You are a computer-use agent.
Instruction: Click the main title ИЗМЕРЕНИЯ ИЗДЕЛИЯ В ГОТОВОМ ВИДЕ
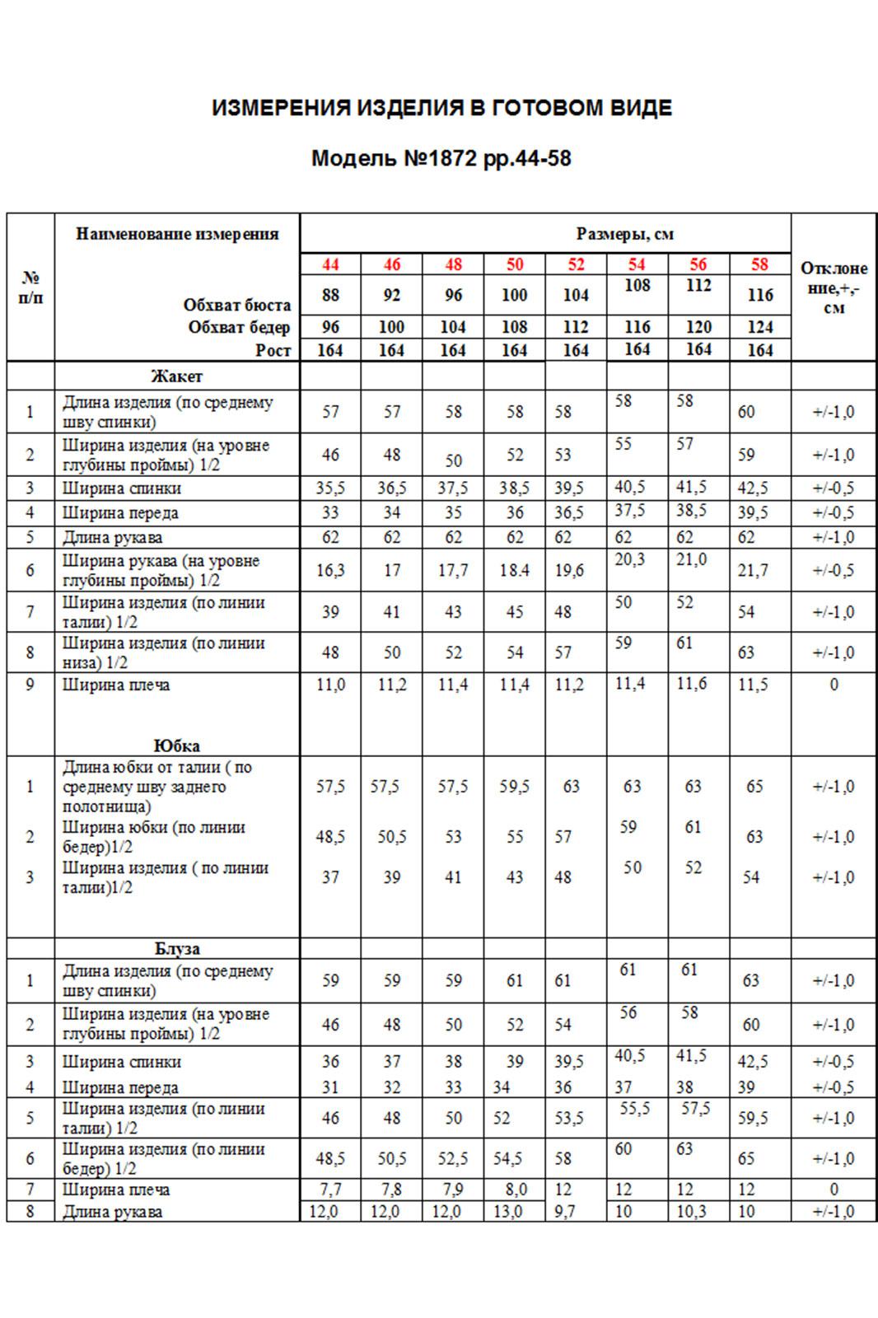[441, 108]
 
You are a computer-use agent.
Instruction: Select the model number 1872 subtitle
[441, 158]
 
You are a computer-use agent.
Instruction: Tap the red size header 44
[330, 264]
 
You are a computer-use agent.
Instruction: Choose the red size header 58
[759, 264]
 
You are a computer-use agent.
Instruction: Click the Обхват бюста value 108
[637, 286]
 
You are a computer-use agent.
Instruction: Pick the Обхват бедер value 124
[759, 327]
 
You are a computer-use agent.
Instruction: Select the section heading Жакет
[176, 376]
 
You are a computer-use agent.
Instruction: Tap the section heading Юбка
[177, 746]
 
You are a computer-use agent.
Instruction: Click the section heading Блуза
[177, 948]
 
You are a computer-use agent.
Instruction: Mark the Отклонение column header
[834, 287]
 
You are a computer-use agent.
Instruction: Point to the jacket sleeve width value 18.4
[515, 570]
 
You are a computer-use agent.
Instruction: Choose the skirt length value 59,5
[515, 787]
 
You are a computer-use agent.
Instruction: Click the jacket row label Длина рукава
[112, 538]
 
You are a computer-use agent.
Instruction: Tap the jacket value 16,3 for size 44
[330, 570]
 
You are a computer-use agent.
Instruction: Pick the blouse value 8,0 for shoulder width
[515, 1189]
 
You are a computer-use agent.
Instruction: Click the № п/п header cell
[30, 287]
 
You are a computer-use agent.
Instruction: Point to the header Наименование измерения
[177, 234]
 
